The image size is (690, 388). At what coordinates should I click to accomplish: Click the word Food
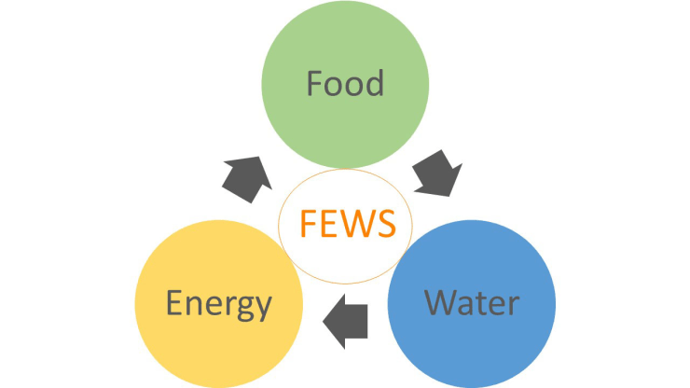point(344,84)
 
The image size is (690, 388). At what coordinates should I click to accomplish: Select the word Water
point(471,302)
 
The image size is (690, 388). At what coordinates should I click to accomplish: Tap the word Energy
point(219,304)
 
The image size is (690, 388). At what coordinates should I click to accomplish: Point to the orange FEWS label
point(344,224)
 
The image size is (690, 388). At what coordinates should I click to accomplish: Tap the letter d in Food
point(373,83)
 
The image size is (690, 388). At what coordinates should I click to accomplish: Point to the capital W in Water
point(440,302)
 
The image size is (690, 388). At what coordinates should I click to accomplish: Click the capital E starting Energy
point(174,303)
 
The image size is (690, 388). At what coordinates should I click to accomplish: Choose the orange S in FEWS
point(384,225)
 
